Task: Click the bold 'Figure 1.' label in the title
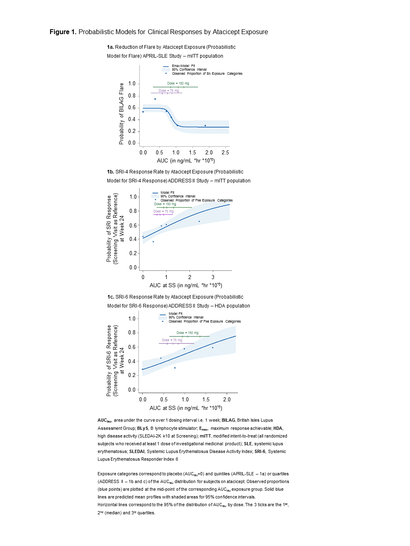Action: coord(63,32)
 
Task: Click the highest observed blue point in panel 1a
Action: coord(155,99)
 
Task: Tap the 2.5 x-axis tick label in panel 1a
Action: coord(225,153)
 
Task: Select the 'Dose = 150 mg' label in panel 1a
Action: coord(178,83)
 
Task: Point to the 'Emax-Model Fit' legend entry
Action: coord(183,66)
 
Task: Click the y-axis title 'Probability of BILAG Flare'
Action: coord(121,114)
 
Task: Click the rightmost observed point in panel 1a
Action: coord(205,126)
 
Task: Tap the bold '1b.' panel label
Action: coord(111,172)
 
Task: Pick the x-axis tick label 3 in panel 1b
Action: coord(213,277)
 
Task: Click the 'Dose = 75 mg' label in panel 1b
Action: coord(164,211)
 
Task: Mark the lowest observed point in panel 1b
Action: coord(153,242)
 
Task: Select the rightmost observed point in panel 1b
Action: coord(199,221)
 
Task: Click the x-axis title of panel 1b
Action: coord(186,285)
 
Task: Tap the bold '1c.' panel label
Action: coord(111,297)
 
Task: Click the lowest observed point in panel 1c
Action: coord(175,368)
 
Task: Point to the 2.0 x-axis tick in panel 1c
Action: coord(227,400)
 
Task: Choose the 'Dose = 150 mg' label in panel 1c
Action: coord(188,333)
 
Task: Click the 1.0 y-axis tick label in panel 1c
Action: coord(132,319)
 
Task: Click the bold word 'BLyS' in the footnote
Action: coord(143,428)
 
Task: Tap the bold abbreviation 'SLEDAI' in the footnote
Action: coord(137,451)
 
